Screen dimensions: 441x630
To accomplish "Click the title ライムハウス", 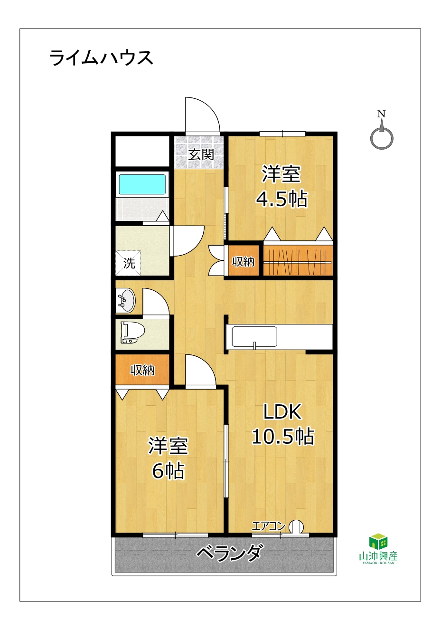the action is [x=101, y=58].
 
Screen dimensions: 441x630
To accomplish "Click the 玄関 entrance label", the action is [x=201, y=154].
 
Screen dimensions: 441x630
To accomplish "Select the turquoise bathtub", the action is [x=142, y=184].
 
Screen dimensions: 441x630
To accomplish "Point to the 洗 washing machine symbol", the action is [x=129, y=263].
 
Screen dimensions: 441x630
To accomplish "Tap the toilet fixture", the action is [x=132, y=333].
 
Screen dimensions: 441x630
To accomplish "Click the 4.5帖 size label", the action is [x=281, y=199].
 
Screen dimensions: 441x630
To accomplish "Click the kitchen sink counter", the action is [x=254, y=337].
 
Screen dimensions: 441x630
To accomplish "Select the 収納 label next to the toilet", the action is [x=142, y=370].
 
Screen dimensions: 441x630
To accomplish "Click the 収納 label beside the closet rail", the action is [x=243, y=262].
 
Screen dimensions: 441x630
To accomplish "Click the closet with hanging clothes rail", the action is [x=298, y=260].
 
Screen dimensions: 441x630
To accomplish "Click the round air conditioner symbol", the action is [x=297, y=526].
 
